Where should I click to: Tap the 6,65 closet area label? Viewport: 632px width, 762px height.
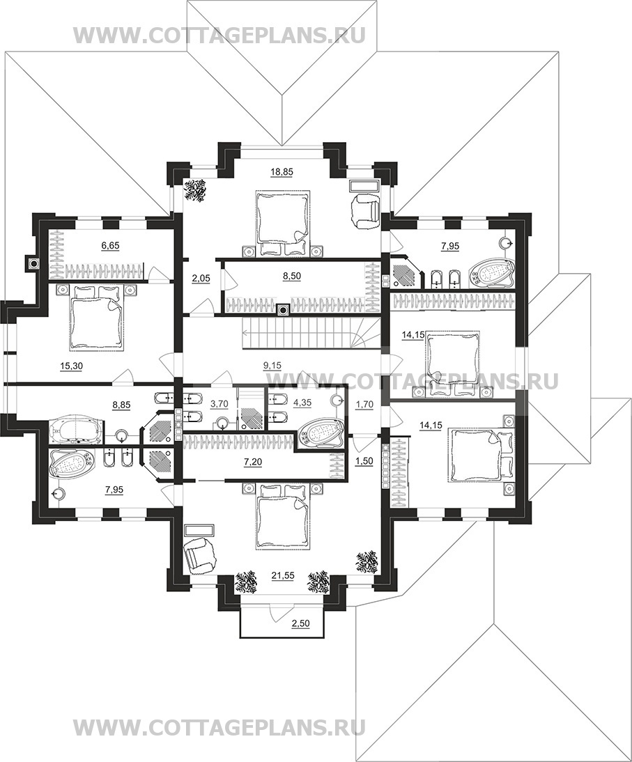pyautogui.click(x=110, y=246)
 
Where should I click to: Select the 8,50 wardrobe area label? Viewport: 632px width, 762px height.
pyautogui.click(x=292, y=276)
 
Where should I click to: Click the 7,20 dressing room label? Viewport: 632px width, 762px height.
pyautogui.click(x=253, y=463)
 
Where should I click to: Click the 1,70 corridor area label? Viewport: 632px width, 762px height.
pyautogui.click(x=364, y=403)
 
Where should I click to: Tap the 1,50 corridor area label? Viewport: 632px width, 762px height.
pyautogui.click(x=364, y=462)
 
